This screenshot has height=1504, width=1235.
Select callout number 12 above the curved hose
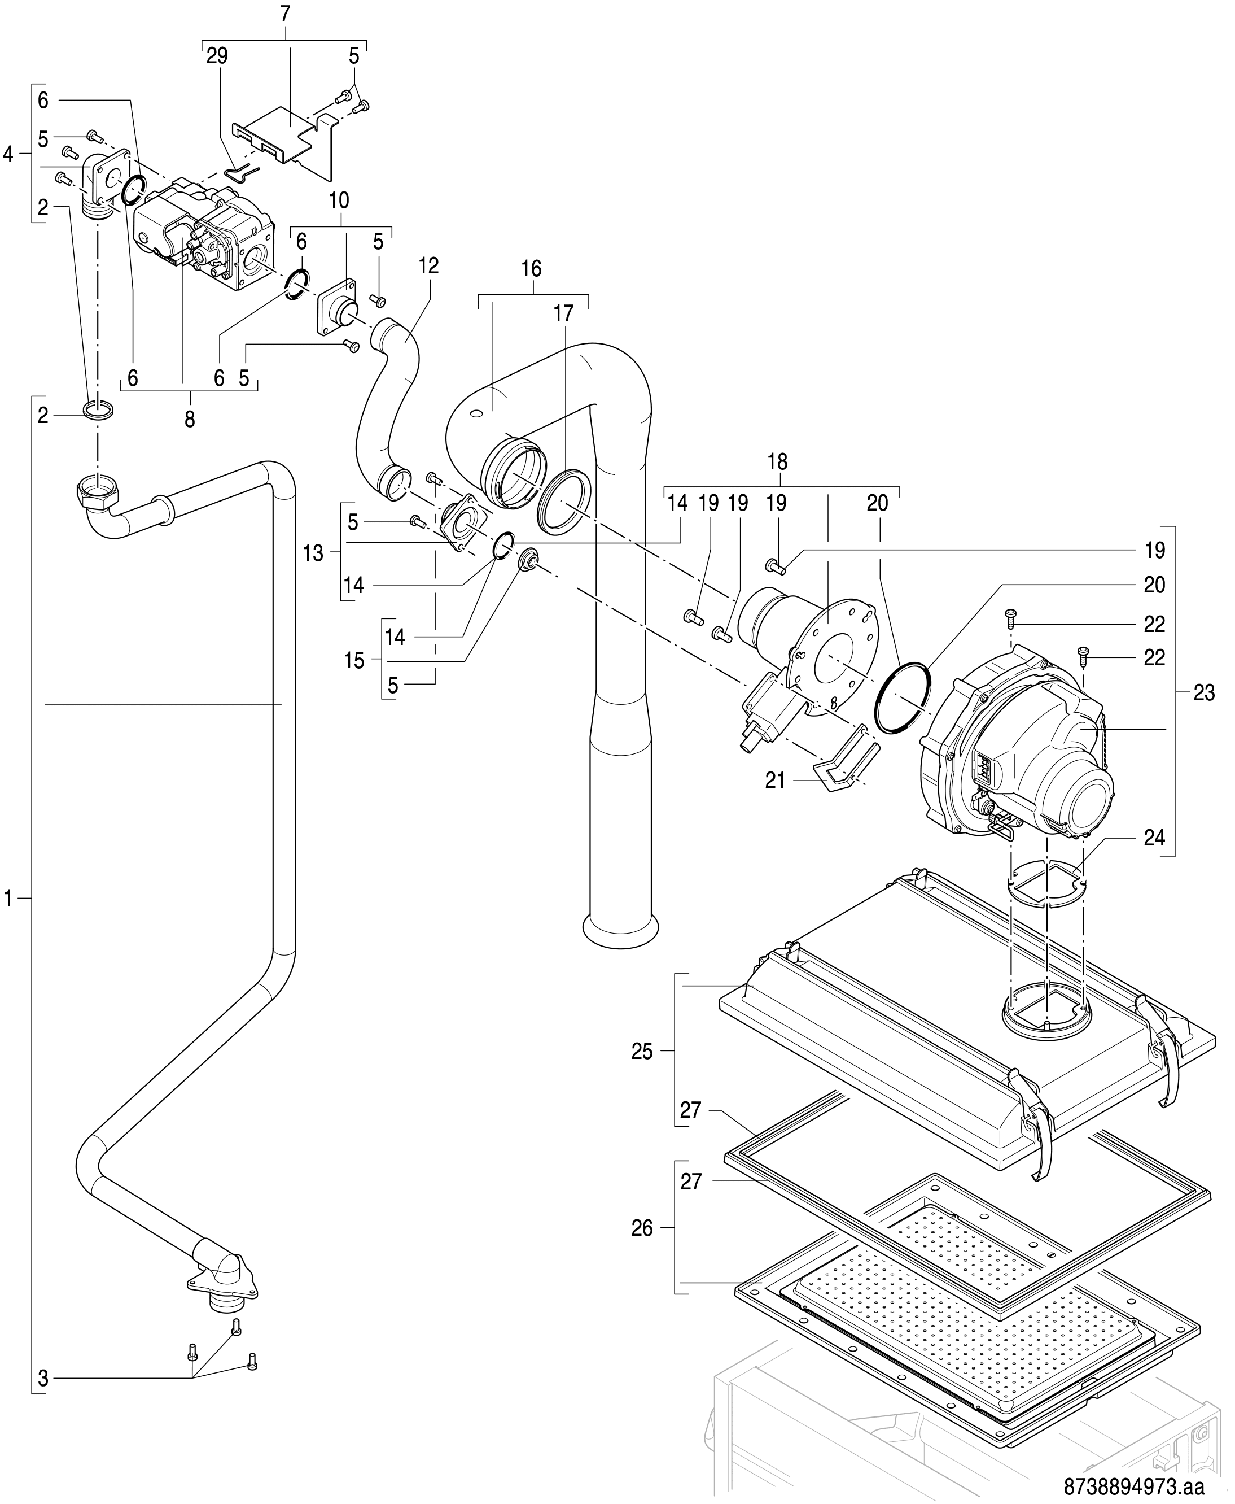tap(428, 266)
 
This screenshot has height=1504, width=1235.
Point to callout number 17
tap(563, 314)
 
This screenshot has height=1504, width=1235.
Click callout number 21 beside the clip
tap(776, 781)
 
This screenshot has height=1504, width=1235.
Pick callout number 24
tap(1155, 838)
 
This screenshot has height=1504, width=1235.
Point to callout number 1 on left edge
tap(8, 900)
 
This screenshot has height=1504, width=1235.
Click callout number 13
tap(313, 553)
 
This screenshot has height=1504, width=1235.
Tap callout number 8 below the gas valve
tap(189, 420)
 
